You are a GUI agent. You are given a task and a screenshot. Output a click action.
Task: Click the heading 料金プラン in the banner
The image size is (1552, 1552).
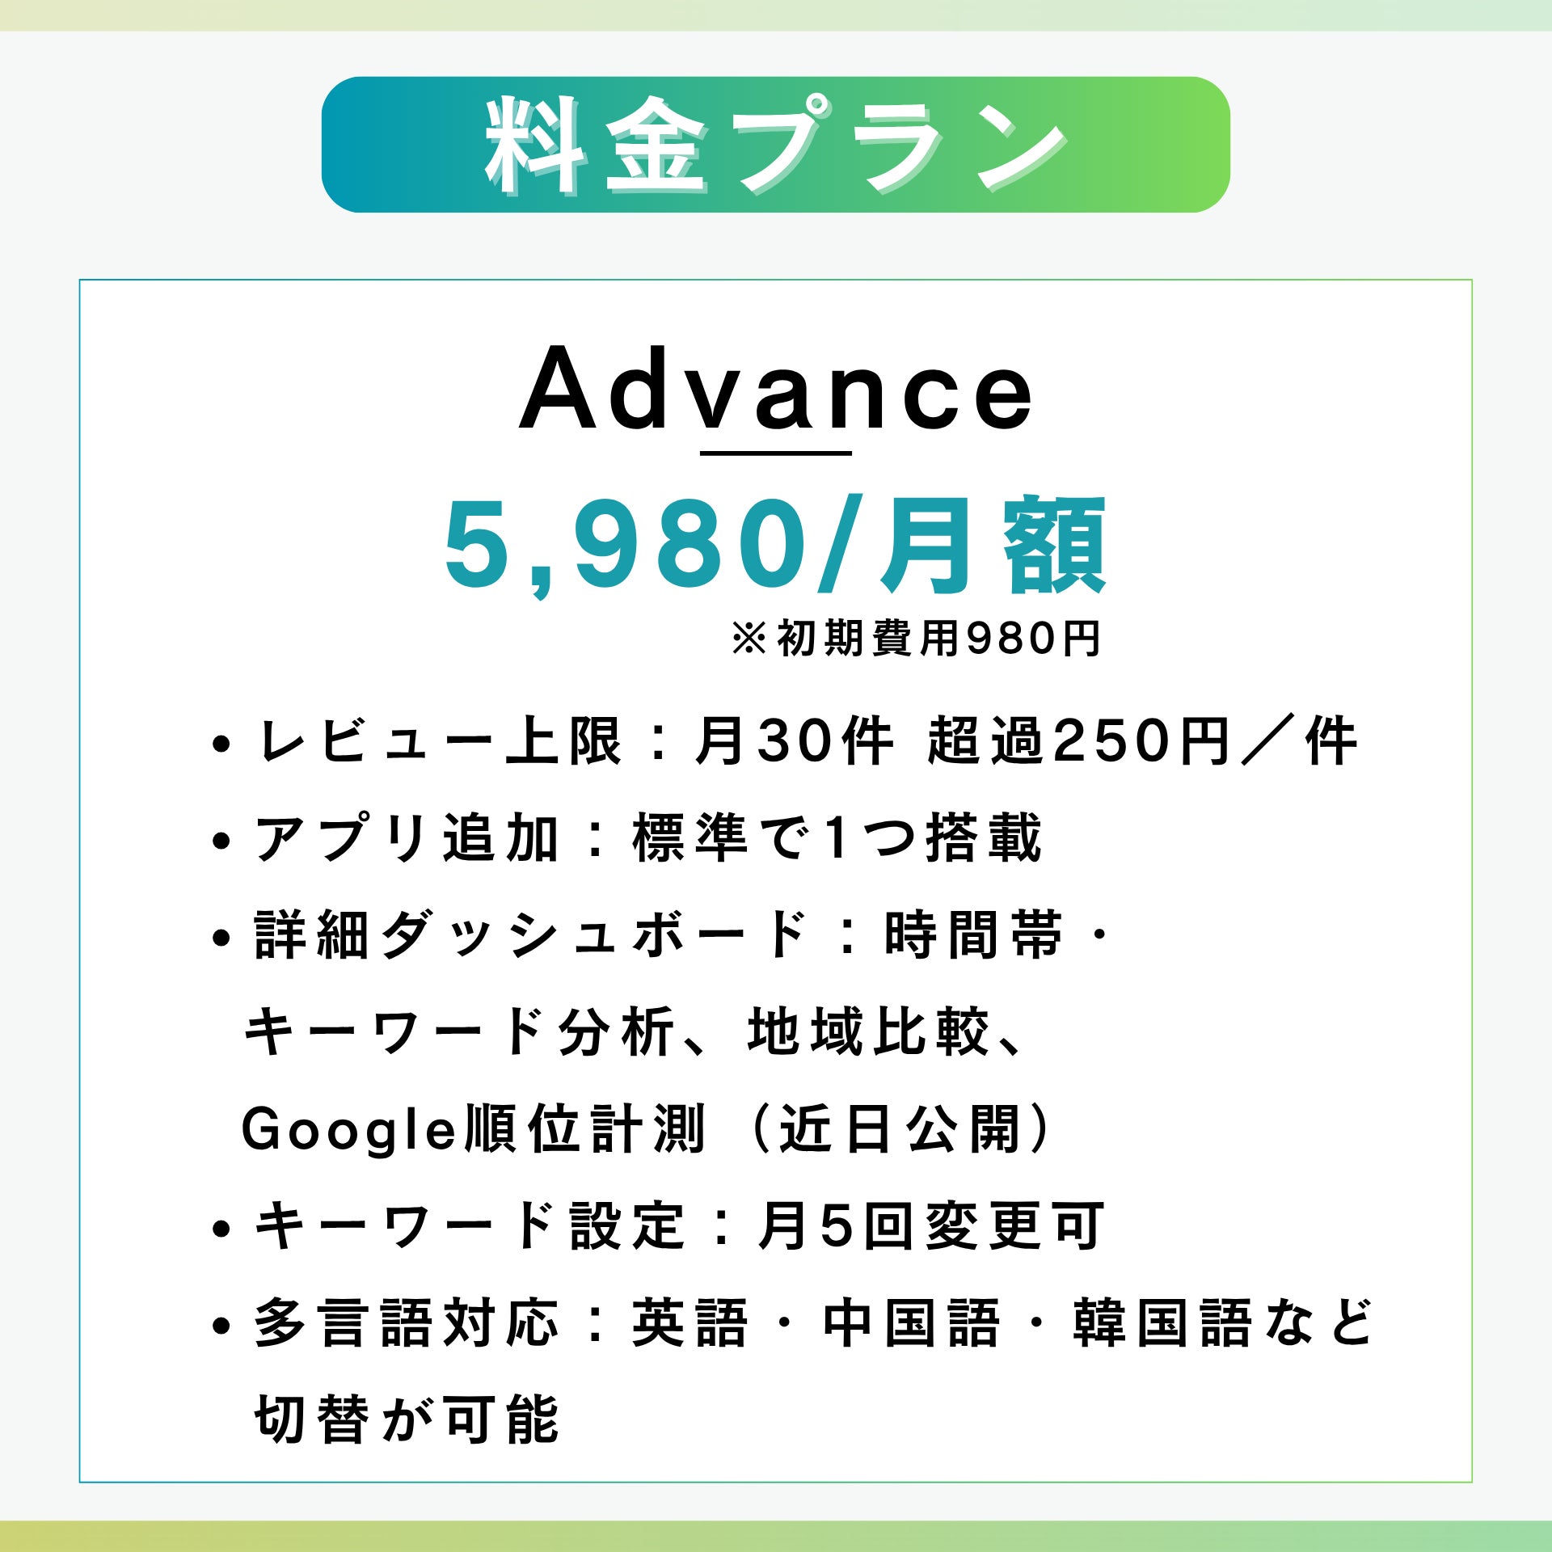tap(776, 145)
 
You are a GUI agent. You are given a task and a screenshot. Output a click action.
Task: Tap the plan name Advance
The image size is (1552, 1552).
tap(777, 390)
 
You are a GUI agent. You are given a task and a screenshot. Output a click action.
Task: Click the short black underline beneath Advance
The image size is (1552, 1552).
tap(776, 453)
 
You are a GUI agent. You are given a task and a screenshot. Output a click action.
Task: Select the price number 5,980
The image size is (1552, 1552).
tap(626, 547)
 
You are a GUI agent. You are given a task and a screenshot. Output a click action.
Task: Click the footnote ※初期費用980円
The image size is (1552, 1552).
tap(916, 639)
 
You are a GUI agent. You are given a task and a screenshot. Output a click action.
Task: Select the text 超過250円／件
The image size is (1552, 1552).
tap(1142, 740)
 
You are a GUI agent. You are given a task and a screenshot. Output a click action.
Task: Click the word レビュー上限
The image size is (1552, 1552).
tap(439, 740)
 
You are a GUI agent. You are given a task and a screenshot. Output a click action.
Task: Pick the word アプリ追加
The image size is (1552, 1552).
tap(407, 838)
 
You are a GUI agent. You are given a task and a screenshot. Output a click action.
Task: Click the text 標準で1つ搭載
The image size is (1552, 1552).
tap(837, 838)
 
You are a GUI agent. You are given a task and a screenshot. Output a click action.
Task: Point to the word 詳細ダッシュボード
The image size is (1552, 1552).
tap(531, 935)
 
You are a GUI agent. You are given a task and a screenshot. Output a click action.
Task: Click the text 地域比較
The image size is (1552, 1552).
tap(870, 1032)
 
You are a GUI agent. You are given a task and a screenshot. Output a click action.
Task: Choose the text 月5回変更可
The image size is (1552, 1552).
tap(930, 1226)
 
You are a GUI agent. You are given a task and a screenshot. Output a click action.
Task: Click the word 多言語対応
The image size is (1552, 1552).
tap(407, 1323)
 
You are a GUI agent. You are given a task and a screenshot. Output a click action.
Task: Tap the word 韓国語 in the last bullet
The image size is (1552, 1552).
tap(1162, 1323)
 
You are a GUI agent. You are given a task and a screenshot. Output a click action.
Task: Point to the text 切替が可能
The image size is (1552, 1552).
tap(407, 1420)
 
